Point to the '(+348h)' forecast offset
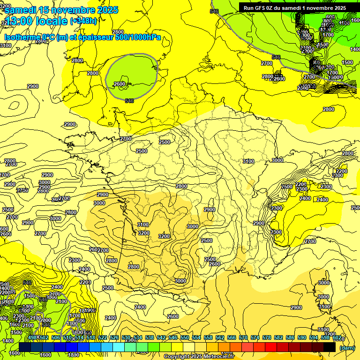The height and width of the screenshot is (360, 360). (84, 21)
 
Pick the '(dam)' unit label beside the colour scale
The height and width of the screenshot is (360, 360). (346, 348)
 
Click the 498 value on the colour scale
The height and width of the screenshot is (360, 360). (32, 338)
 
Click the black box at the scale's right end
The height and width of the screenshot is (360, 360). (330, 347)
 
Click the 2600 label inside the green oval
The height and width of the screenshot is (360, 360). (120, 84)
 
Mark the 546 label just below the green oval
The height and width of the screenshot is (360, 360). (130, 100)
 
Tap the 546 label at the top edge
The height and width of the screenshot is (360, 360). (215, 11)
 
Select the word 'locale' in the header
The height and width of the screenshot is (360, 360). (53, 21)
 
